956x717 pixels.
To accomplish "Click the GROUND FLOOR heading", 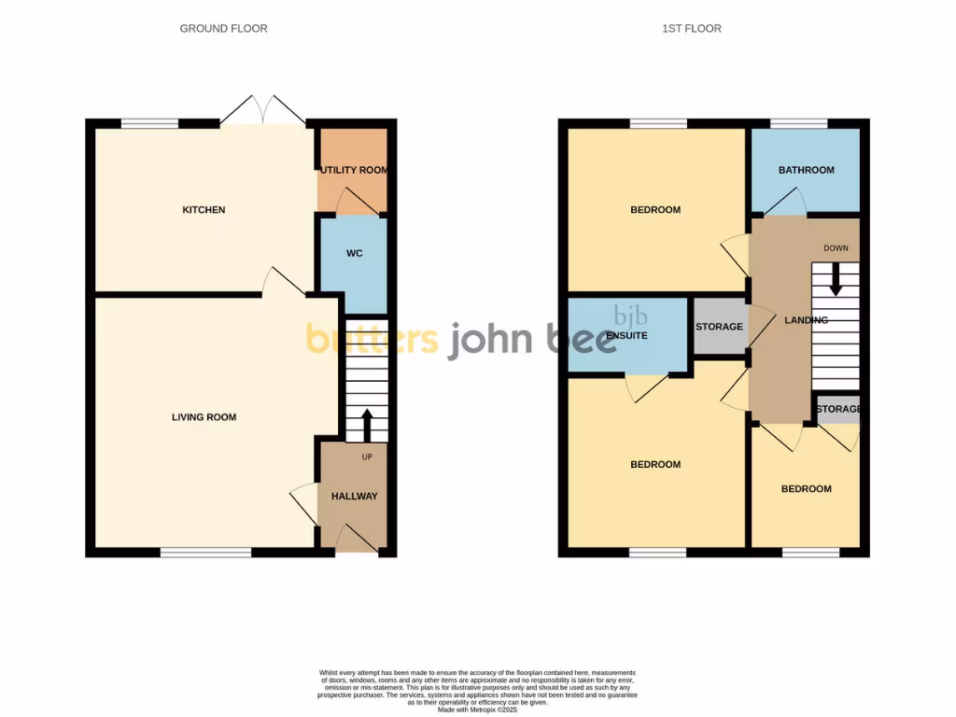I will pos(223,29).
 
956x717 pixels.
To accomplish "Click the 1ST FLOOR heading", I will pos(691,29).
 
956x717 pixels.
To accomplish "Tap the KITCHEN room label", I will pos(204,210).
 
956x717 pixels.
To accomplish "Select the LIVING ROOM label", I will pos(204,417).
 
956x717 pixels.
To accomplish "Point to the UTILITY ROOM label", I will pos(354,171).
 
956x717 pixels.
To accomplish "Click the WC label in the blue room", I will pos(353,253).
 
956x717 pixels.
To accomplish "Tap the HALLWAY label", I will pos(355,496).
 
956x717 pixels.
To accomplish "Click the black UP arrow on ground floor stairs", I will pos(366,425).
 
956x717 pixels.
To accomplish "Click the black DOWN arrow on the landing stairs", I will pos(836,277).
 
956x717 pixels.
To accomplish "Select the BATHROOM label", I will pos(807,170).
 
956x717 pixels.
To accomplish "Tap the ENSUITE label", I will pos(627,335).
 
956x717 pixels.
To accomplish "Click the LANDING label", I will pos(806,320).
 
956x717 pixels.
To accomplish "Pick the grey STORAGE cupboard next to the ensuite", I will pos(719,327).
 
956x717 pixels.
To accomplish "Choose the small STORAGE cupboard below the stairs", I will pos(837,409).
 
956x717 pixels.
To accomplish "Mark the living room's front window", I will pos(205,552).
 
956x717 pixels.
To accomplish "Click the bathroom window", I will pos(798,123).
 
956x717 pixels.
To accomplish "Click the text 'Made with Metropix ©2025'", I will pos(477,710).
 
